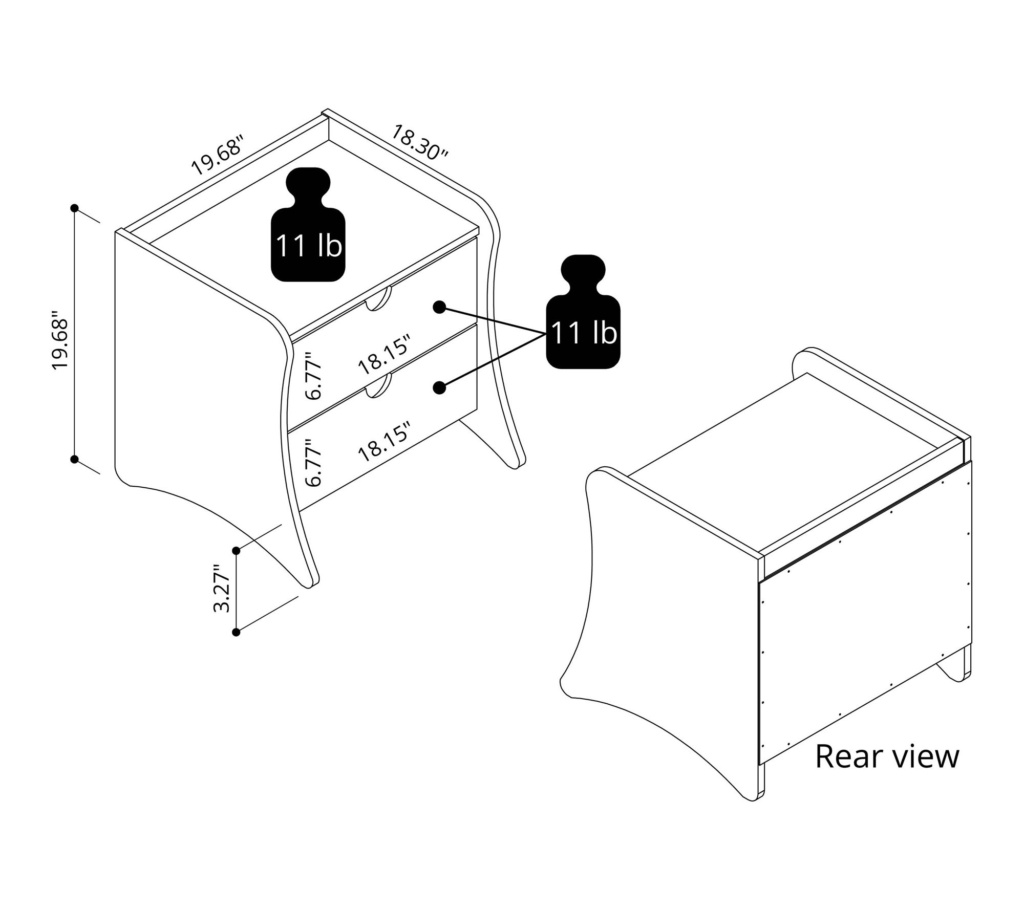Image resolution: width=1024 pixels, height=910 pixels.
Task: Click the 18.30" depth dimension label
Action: click(419, 142)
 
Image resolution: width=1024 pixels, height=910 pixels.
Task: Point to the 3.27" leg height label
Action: click(223, 589)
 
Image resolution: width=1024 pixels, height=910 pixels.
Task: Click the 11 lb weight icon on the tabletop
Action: click(308, 226)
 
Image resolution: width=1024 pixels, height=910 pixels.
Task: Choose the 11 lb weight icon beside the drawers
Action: click(583, 312)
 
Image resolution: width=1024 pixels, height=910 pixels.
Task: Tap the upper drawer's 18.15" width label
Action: click(384, 355)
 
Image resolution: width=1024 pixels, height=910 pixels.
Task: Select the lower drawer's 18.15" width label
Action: click(384, 442)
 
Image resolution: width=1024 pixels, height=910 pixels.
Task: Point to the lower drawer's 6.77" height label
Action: click(313, 462)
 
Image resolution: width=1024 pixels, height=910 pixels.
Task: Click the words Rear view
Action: click(887, 756)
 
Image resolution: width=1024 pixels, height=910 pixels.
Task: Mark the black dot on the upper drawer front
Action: click(439, 307)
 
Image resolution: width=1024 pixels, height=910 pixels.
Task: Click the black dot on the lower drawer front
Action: click(439, 388)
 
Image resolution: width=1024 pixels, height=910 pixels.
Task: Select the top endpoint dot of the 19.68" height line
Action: click(75, 208)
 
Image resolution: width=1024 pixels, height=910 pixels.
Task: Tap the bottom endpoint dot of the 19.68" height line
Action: click(75, 459)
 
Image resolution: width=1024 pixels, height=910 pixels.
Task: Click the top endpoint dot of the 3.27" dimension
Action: click(236, 551)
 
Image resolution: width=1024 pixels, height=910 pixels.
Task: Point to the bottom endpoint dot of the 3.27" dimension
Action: click(236, 633)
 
